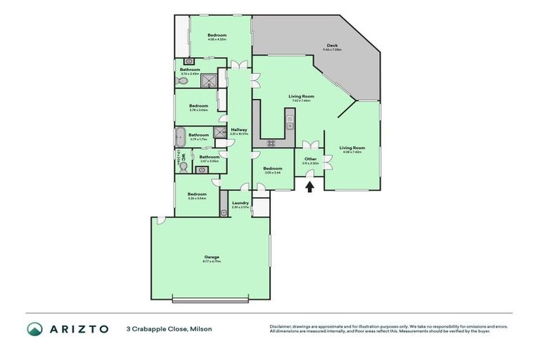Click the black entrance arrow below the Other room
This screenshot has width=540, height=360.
click(309, 186)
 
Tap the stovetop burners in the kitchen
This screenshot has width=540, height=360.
click(270, 143)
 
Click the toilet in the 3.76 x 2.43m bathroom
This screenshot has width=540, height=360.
click(182, 80)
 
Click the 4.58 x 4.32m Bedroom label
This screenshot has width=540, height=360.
click(217, 36)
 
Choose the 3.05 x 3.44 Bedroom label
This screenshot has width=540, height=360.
click(272, 169)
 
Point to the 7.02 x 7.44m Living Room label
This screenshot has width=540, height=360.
click(301, 97)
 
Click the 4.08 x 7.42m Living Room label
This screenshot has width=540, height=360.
click(352, 148)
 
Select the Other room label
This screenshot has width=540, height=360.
click(310, 160)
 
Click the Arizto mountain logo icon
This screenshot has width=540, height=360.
click(34, 329)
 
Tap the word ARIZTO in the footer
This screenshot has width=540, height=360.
click(79, 329)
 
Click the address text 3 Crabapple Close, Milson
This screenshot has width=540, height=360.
click(169, 329)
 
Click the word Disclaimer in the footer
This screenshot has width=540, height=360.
click(281, 326)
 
